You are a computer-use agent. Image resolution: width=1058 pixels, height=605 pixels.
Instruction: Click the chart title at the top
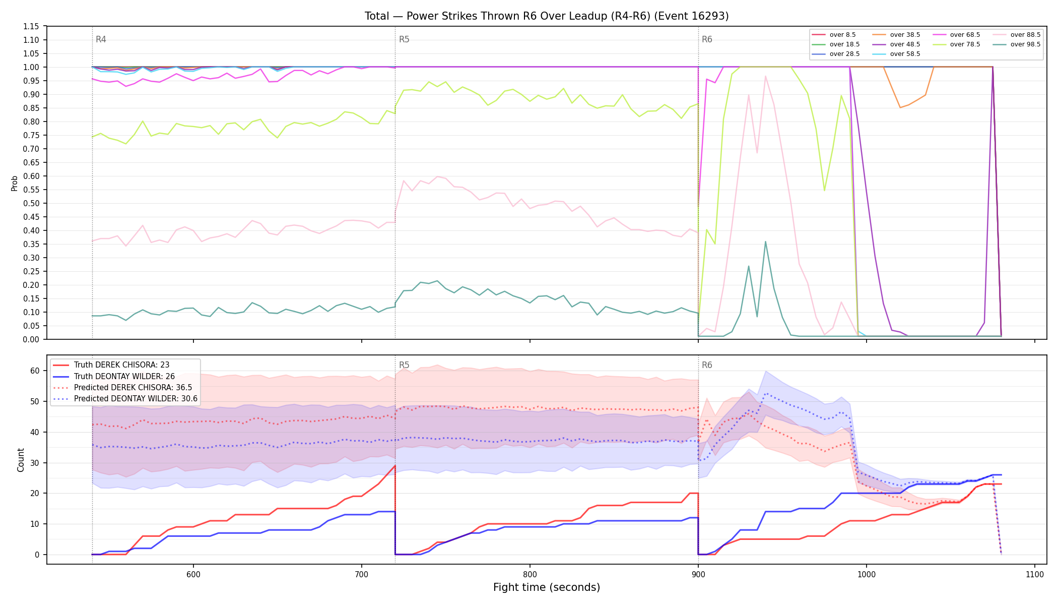tap(547, 16)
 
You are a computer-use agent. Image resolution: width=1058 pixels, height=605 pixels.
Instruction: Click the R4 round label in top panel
tap(101, 39)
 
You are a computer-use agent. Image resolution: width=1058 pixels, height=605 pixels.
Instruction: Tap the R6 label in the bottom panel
tap(707, 365)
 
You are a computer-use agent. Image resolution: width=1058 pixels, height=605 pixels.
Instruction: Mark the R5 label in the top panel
tap(404, 39)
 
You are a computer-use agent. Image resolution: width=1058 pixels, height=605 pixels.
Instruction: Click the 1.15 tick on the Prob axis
tap(31, 26)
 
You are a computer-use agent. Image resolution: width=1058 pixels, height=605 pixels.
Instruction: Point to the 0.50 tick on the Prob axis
tap(31, 203)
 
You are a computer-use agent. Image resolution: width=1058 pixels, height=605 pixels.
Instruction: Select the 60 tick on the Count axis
tap(35, 371)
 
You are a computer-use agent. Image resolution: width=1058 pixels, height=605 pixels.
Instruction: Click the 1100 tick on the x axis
tap(1034, 574)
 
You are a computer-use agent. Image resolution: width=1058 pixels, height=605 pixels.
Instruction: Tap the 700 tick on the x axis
tap(361, 574)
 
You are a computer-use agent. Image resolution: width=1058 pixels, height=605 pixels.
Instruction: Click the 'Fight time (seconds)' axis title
tap(547, 587)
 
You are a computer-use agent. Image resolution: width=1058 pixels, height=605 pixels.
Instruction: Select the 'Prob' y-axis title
tap(15, 183)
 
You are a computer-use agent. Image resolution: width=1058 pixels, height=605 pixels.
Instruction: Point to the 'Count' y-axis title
tap(21, 460)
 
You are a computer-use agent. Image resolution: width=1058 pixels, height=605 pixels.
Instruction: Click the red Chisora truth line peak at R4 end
tap(395, 465)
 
